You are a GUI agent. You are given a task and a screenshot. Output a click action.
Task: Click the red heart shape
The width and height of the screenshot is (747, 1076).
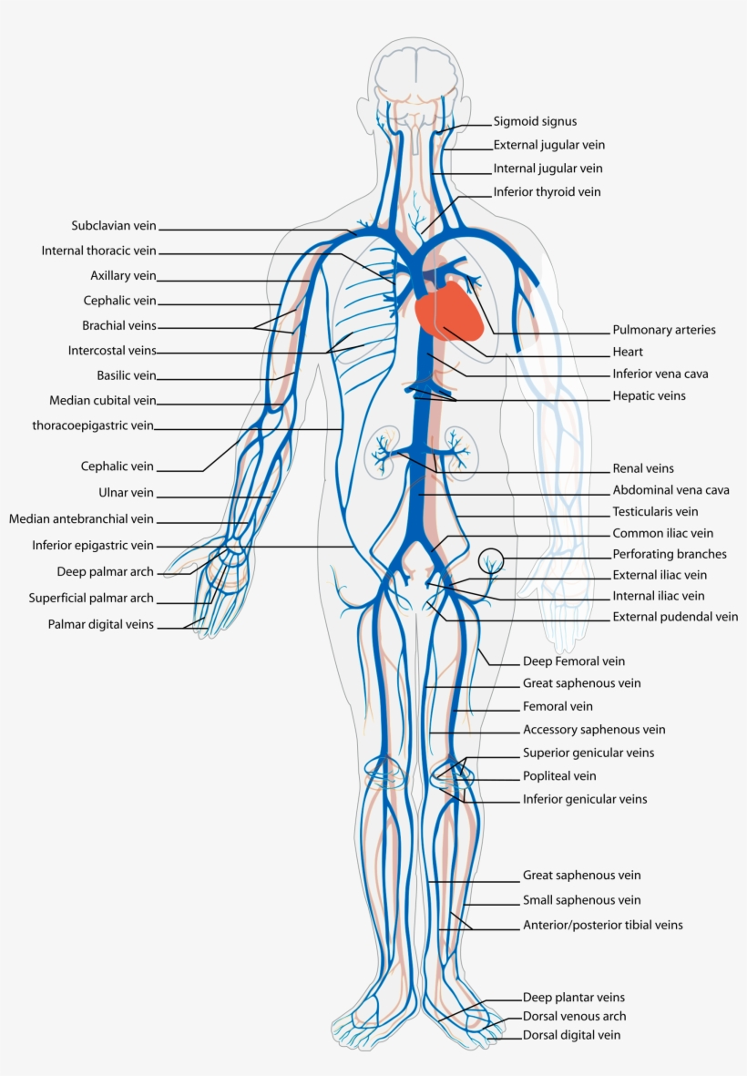pyautogui.click(x=448, y=311)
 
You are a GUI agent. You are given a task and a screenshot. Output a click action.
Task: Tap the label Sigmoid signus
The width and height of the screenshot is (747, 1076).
pyautogui.click(x=535, y=121)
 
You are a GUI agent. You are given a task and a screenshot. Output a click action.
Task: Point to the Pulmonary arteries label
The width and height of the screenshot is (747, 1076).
pyautogui.click(x=663, y=330)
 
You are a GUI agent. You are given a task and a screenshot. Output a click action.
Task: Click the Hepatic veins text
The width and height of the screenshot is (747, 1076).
pyautogui.click(x=649, y=396)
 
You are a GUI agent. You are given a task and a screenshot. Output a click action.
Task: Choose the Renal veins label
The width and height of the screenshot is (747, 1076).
pyautogui.click(x=643, y=468)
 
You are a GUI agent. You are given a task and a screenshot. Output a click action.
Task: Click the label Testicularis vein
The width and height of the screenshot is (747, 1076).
pyautogui.click(x=655, y=512)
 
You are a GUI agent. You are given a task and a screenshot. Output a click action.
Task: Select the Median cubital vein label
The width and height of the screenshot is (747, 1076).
pyautogui.click(x=103, y=400)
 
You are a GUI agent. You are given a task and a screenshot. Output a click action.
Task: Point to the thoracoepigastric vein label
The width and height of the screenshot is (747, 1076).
pyautogui.click(x=93, y=425)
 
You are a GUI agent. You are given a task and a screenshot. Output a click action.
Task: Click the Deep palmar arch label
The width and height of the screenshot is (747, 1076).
pyautogui.click(x=105, y=572)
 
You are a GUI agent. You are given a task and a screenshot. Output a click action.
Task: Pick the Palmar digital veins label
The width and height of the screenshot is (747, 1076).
pyautogui.click(x=101, y=625)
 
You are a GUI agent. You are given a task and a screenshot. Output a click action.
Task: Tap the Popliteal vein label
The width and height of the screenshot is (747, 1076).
pyautogui.click(x=559, y=776)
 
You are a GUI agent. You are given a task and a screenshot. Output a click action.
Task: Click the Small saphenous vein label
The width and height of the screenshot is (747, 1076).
pyautogui.click(x=581, y=900)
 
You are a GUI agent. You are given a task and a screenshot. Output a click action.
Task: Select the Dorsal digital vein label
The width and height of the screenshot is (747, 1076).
pyautogui.click(x=571, y=1035)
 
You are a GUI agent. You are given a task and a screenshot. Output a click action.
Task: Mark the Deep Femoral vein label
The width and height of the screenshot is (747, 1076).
pyautogui.click(x=574, y=661)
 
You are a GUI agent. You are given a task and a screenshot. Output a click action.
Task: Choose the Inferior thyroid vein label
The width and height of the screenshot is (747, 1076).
pyautogui.click(x=547, y=192)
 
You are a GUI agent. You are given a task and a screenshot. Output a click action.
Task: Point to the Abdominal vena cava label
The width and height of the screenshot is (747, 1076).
pyautogui.click(x=670, y=490)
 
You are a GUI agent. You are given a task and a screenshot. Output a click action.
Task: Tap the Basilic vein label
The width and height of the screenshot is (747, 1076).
pyautogui.click(x=127, y=375)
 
